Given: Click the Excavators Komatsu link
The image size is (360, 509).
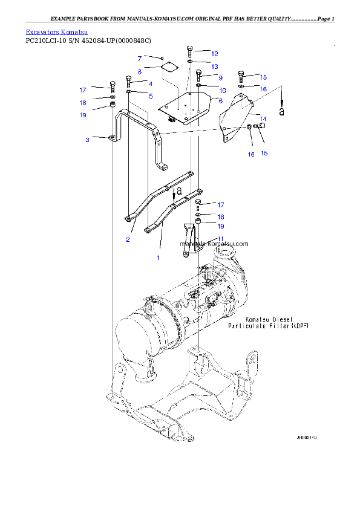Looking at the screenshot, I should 56,31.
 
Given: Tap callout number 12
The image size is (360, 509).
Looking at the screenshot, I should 214,54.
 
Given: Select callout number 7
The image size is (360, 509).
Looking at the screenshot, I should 139,59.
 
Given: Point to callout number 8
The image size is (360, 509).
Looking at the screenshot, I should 139,72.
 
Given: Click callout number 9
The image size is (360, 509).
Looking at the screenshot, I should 221,78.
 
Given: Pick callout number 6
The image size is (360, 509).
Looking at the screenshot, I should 221,100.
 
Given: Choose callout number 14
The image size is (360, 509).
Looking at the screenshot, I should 263,118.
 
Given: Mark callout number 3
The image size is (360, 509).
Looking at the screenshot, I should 87,140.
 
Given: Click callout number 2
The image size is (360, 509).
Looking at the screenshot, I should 128,239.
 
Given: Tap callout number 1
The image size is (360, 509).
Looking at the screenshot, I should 159,258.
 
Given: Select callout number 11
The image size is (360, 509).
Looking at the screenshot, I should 221,239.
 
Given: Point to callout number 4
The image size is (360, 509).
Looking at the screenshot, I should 151,83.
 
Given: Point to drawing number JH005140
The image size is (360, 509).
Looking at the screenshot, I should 306,437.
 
